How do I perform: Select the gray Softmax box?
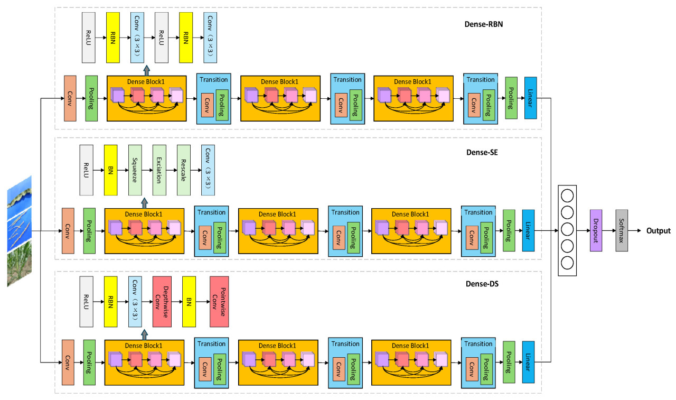[622, 230]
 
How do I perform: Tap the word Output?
[658, 231]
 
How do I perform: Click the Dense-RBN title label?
[483, 24]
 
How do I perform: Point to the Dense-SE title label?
[482, 153]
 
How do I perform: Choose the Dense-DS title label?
[482, 284]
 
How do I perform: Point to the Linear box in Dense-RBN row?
[530, 98]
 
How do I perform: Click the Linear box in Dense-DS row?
[528, 362]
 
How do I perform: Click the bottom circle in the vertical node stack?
[567, 263]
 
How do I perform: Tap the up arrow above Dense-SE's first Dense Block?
[145, 202]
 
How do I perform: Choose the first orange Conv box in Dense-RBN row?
[70, 98]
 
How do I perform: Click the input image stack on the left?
[20, 231]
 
